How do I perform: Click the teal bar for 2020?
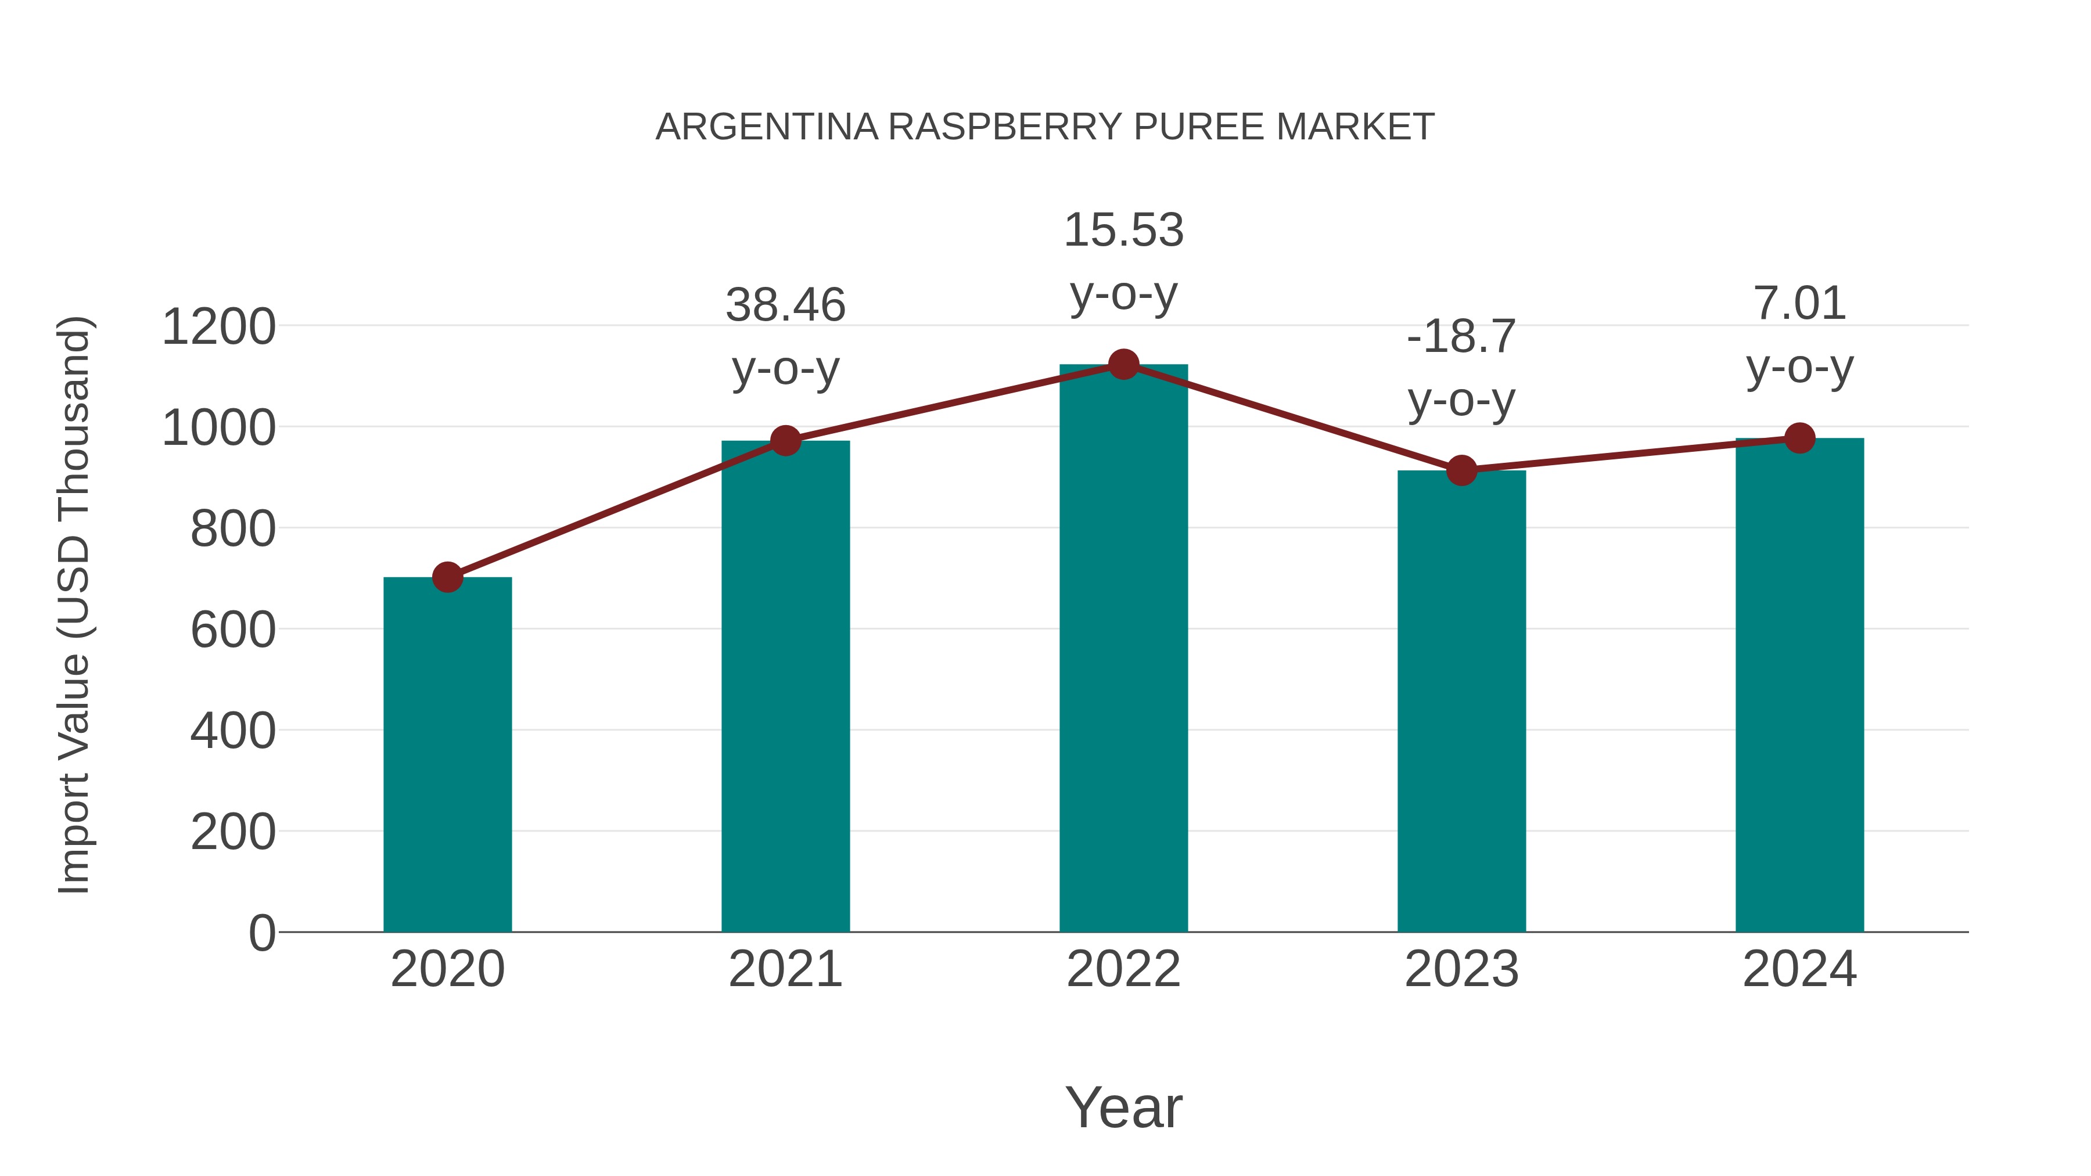(x=447, y=755)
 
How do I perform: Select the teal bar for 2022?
(x=1123, y=649)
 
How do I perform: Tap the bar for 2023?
(x=1461, y=702)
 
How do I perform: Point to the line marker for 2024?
(x=1799, y=438)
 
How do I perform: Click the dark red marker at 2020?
(x=447, y=578)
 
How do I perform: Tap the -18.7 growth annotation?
(x=1461, y=336)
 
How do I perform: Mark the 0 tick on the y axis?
(x=261, y=933)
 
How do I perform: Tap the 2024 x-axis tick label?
(x=1799, y=969)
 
